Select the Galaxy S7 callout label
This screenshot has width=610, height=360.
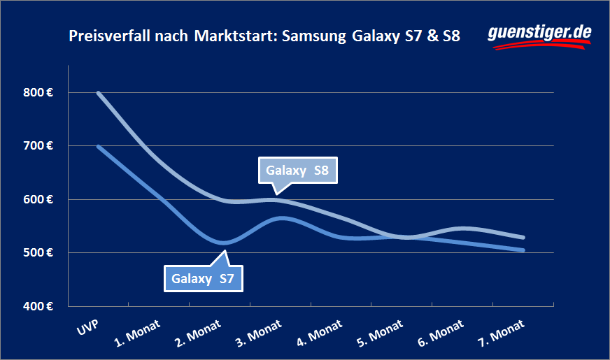click(x=203, y=279)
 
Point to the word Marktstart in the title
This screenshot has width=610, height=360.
click(x=232, y=36)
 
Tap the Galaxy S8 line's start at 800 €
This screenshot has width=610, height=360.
click(x=98, y=92)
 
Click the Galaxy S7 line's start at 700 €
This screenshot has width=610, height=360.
click(x=98, y=146)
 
